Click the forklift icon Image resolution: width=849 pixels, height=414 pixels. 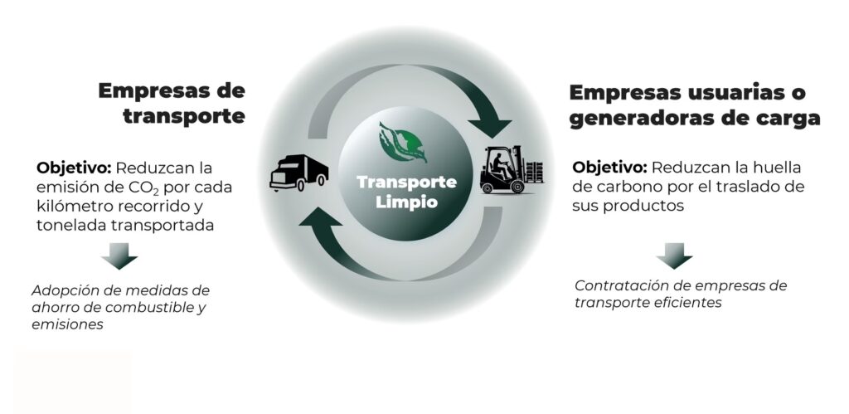511,170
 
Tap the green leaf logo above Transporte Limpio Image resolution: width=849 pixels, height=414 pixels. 405,142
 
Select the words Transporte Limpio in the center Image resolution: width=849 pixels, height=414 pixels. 406,192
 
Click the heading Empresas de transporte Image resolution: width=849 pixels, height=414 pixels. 172,103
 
